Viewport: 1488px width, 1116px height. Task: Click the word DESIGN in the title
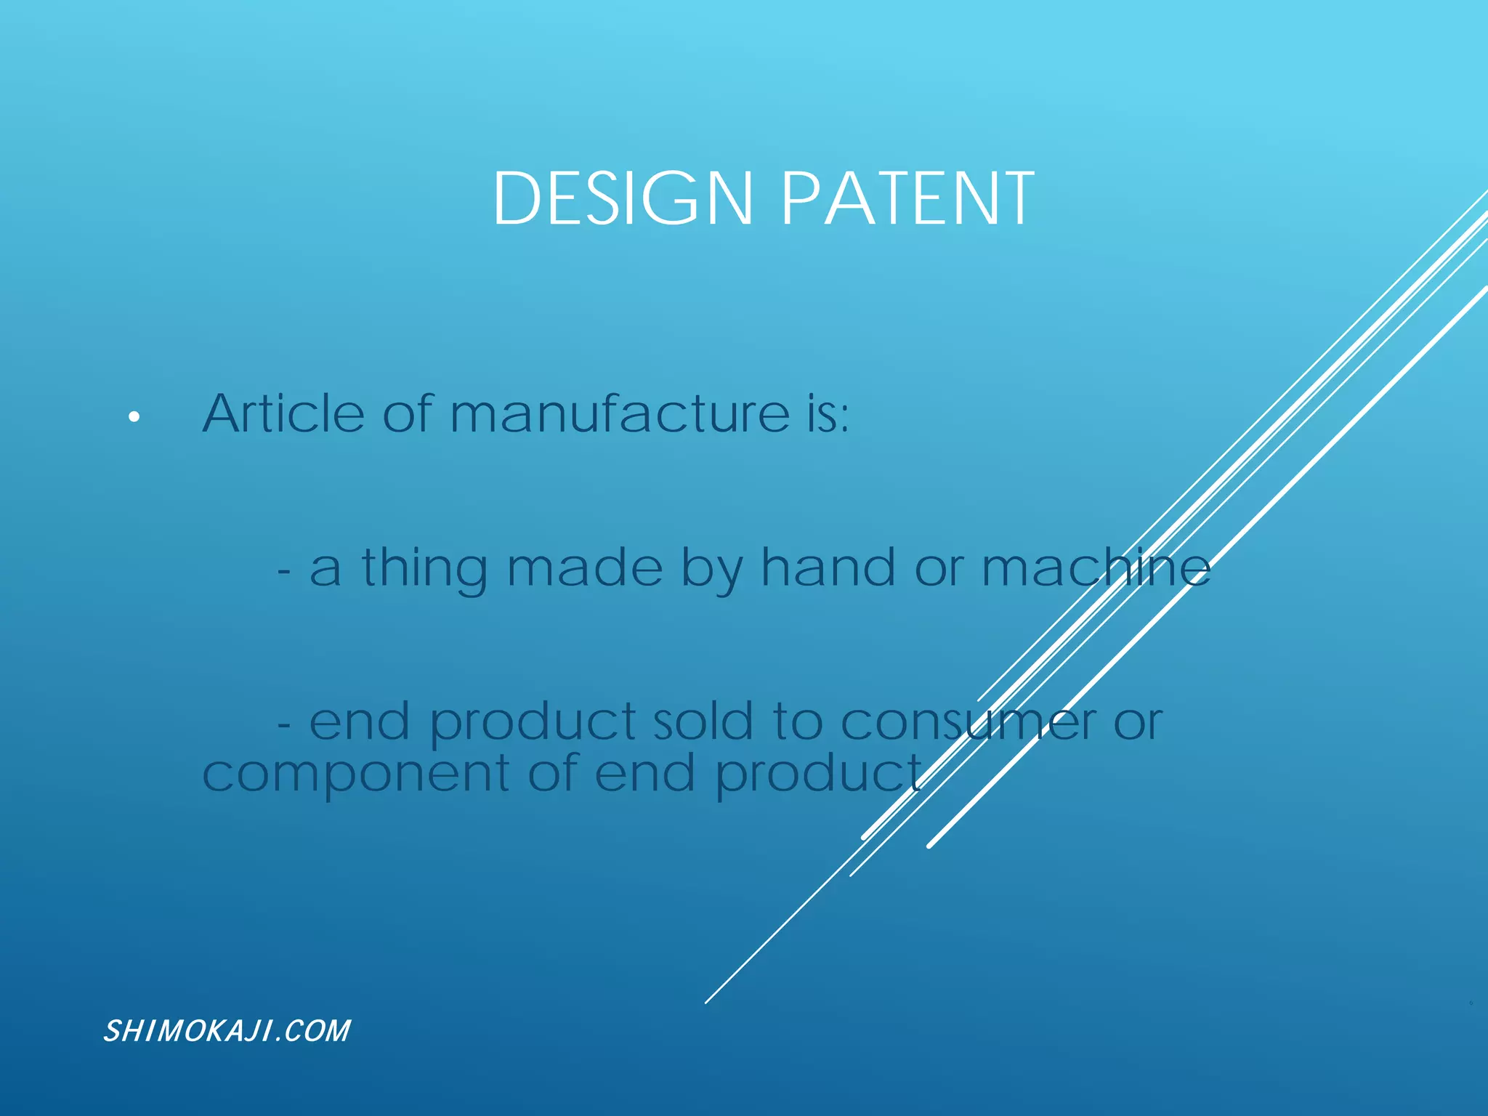click(622, 198)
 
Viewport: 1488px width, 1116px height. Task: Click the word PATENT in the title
click(907, 198)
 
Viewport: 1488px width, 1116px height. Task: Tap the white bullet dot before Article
click(134, 417)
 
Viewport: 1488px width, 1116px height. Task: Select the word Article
click(283, 413)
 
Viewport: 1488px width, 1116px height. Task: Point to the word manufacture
click(619, 413)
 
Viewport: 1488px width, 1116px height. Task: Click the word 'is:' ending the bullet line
click(828, 414)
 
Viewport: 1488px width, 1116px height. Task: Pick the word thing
click(424, 568)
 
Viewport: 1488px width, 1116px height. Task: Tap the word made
click(584, 567)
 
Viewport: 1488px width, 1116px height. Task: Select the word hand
click(828, 567)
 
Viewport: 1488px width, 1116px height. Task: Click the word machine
click(1096, 567)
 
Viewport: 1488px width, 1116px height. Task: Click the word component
click(356, 775)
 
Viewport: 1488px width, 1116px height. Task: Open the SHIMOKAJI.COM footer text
click(227, 1031)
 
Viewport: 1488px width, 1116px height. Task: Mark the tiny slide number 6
click(1471, 1003)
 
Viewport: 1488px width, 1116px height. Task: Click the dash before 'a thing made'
click(284, 571)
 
